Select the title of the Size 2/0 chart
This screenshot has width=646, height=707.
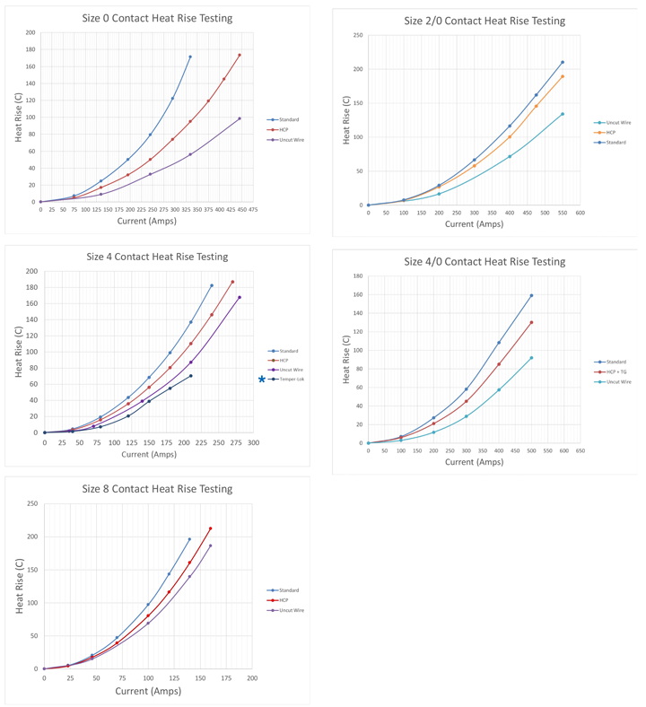tap(484, 21)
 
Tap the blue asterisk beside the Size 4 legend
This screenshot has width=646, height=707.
tap(262, 380)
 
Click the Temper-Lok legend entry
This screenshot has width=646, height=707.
tap(292, 380)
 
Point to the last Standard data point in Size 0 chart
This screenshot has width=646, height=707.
tap(190, 57)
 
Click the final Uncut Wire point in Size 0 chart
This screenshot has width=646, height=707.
tap(240, 118)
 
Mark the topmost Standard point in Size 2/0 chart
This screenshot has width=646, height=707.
tap(563, 62)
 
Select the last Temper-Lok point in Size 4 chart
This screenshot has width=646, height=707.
tap(191, 376)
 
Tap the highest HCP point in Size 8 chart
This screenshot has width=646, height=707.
tap(210, 528)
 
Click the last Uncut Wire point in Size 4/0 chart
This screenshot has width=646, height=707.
tap(531, 358)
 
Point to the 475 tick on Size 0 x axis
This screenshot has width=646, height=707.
tap(253, 211)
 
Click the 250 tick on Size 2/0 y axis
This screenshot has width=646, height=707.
tap(357, 36)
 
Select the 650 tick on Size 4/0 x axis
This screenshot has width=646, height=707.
tap(581, 450)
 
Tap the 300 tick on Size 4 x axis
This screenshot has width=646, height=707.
tap(254, 442)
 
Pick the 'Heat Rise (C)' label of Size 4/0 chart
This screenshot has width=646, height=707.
tap(345, 360)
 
